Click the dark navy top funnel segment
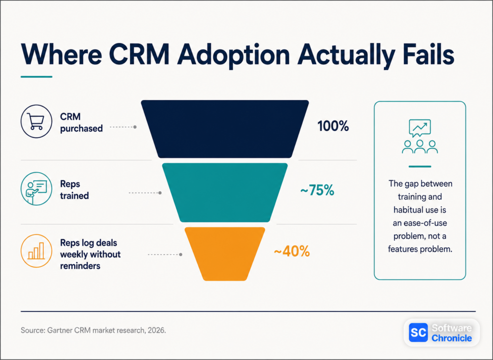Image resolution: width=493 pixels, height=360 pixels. coord(225,129)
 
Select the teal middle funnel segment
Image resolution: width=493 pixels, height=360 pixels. coord(225,193)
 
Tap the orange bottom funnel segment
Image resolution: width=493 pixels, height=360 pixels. coord(225,254)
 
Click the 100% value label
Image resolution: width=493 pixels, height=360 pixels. coord(333,127)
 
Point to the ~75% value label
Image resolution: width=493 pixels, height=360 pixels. coord(317,190)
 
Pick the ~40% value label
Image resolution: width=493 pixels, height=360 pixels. coord(292,252)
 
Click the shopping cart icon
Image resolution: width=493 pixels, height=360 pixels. coord(36,121)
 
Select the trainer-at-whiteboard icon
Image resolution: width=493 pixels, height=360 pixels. coord(36,189)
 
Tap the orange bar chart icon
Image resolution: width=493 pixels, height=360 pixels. coord(36,251)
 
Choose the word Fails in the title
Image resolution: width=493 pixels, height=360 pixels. coord(429,54)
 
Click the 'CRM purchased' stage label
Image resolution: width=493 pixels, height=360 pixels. coord(81,123)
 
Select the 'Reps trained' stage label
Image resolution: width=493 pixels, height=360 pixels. coord(75,190)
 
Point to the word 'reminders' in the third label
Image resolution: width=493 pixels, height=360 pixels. coord(80,266)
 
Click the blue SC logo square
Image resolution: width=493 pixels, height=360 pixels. coord(418,333)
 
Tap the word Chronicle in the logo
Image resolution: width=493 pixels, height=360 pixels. coord(452,338)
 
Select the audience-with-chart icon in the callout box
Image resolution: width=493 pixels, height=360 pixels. coord(420,137)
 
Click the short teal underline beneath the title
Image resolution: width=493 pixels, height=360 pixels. coord(37,77)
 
